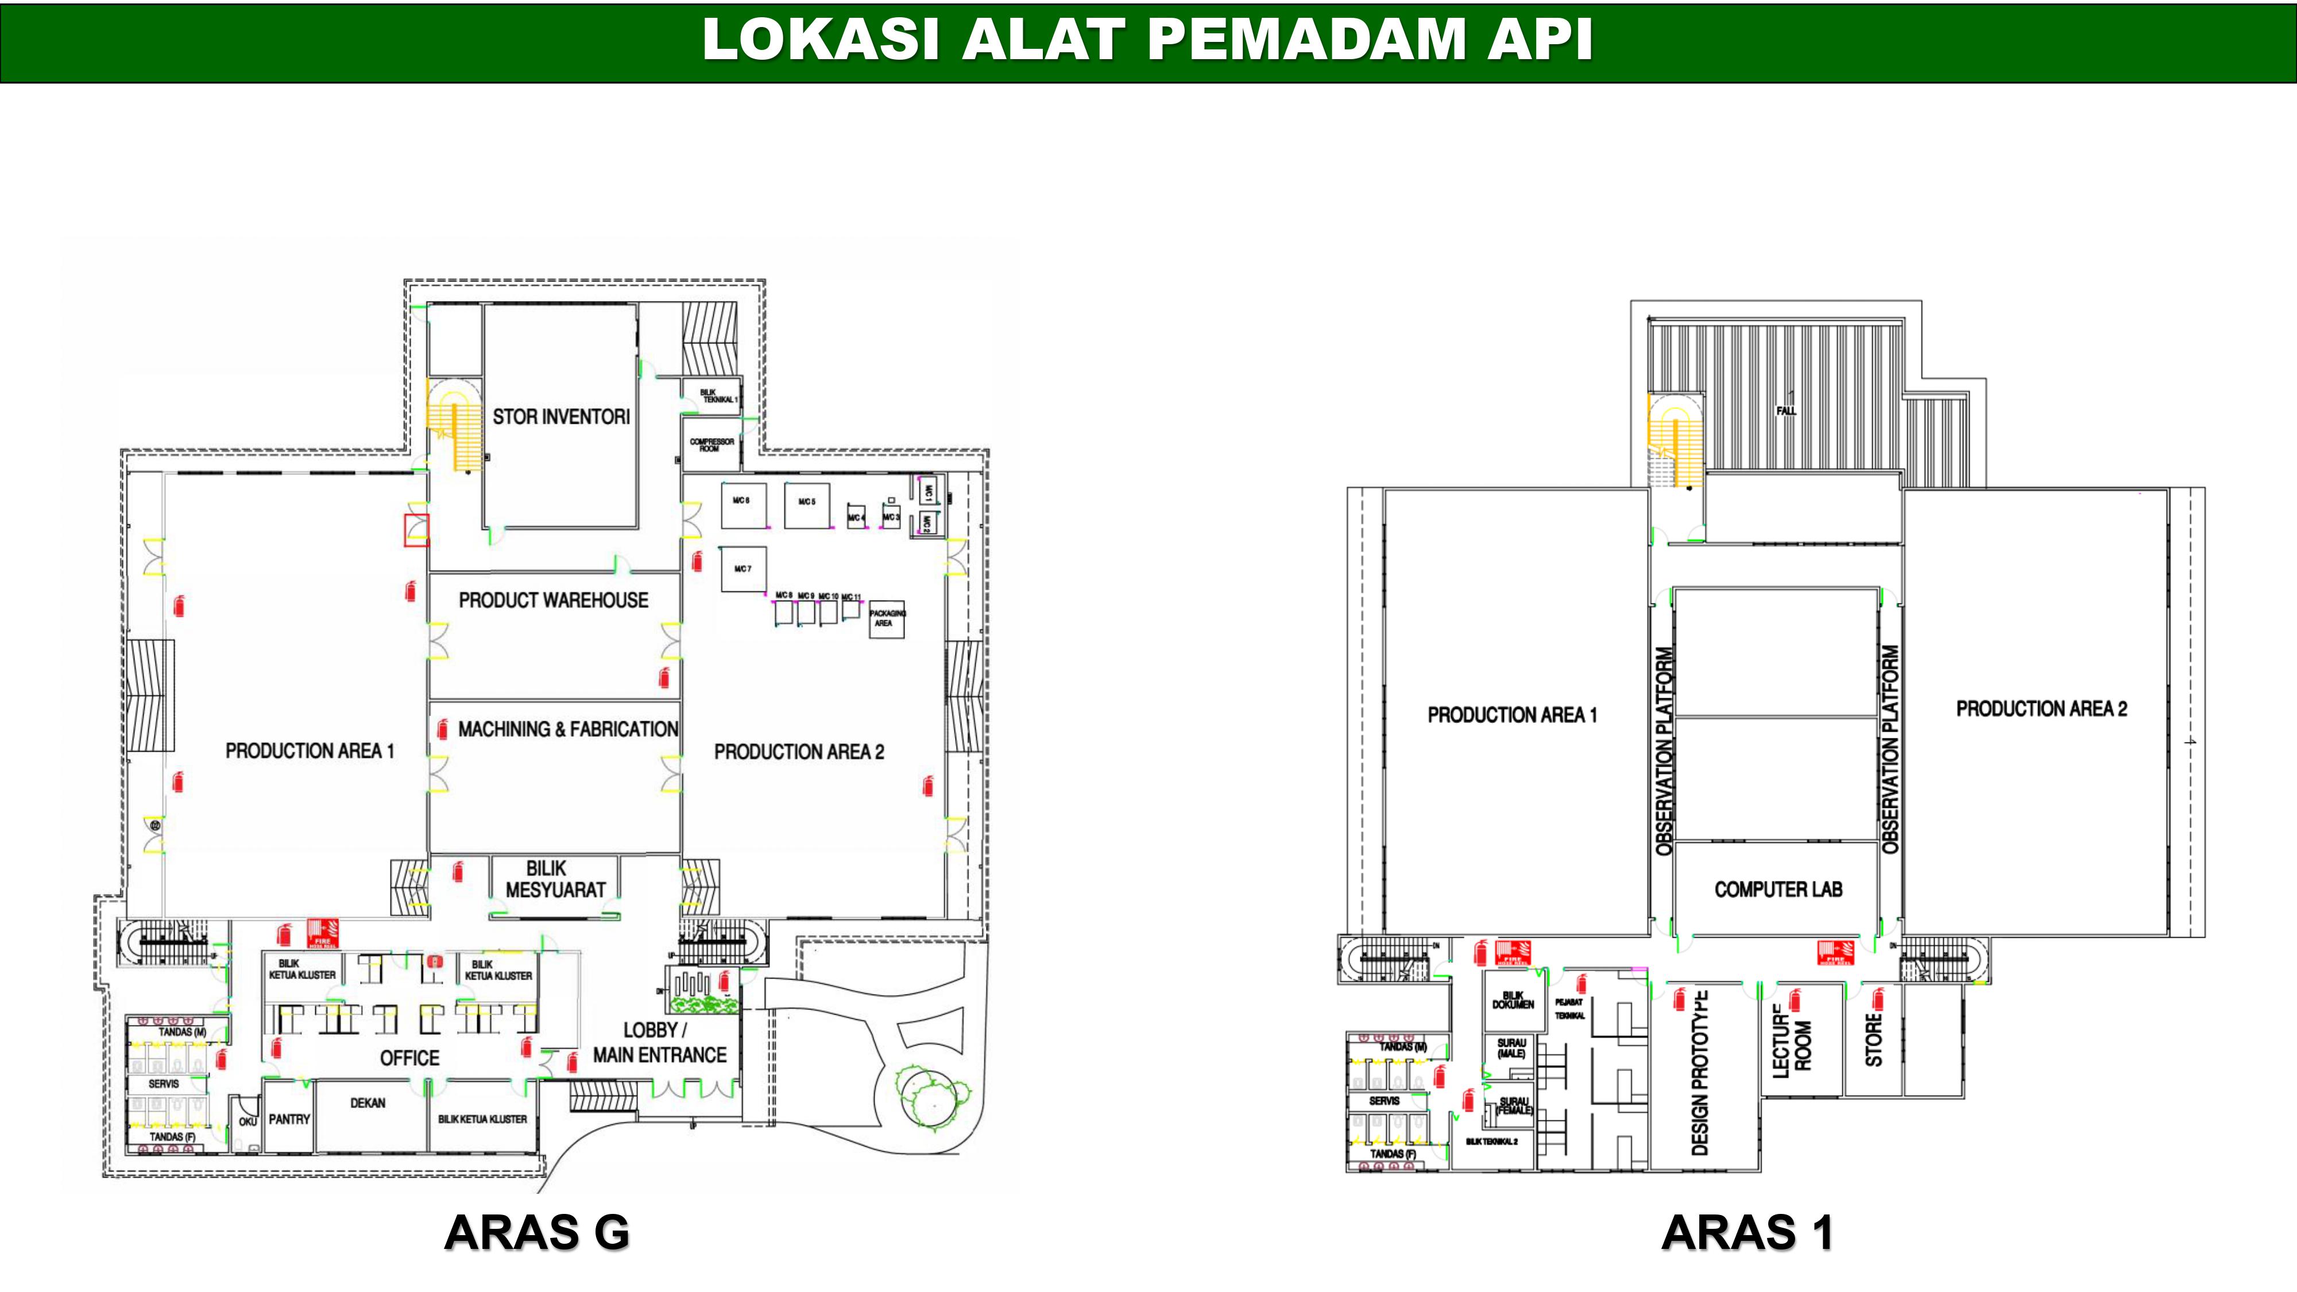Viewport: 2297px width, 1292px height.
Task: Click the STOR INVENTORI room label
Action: pos(561,416)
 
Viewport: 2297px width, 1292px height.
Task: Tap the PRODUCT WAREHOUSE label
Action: pos(553,600)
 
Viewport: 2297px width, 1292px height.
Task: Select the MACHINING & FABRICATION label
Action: pos(567,729)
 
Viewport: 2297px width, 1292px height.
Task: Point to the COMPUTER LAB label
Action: pos(1777,889)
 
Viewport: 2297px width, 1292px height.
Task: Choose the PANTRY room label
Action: pos(289,1119)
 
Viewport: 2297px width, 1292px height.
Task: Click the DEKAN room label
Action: pos(368,1103)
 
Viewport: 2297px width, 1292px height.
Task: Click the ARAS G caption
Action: pos(537,1233)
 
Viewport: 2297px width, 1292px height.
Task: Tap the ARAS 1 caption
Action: pos(1747,1233)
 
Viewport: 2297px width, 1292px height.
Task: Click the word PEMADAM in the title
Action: pos(1306,40)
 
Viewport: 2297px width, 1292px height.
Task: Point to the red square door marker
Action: pos(416,529)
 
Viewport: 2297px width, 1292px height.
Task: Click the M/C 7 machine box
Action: pos(743,569)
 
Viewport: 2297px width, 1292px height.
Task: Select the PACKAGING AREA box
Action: pos(886,618)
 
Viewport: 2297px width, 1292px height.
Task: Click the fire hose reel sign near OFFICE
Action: pos(320,933)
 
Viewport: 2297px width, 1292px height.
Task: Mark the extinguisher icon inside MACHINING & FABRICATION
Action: pos(442,729)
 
